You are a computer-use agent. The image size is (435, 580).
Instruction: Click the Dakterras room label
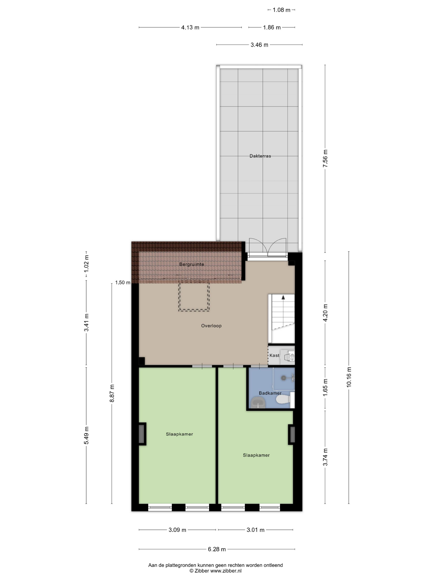point(260,156)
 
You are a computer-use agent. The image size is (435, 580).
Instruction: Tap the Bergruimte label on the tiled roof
point(192,264)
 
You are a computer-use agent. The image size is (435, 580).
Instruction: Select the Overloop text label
point(211,326)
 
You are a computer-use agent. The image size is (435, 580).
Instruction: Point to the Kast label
point(274,355)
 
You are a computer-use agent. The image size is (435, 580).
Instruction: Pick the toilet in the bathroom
point(285,400)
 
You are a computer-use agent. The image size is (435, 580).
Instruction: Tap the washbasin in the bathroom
point(258,403)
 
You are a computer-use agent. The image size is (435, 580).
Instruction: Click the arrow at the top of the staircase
point(283,297)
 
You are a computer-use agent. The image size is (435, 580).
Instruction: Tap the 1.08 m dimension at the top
point(281,10)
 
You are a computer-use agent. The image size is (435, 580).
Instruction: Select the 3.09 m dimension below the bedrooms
point(177,530)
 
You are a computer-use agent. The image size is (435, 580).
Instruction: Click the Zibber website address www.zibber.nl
point(226,570)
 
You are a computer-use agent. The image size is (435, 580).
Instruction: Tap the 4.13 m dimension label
point(190,27)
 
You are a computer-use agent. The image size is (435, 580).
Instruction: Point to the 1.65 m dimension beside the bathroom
point(325,388)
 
